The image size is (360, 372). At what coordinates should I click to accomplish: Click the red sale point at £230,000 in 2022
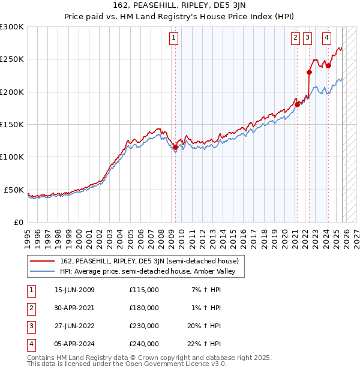point(309,73)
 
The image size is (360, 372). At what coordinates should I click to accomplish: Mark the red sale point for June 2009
point(175,147)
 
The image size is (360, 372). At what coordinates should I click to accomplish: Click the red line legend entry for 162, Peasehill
point(149,261)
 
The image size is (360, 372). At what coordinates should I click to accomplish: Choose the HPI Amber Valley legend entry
point(149,272)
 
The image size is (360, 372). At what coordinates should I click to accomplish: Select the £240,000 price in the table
point(144,344)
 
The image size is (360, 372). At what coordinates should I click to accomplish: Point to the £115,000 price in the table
point(144,290)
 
